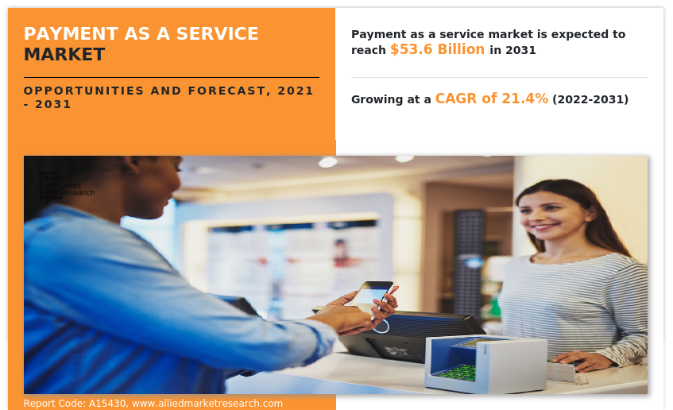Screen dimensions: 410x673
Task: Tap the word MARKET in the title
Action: pos(64,55)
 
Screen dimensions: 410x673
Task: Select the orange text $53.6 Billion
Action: pos(437,50)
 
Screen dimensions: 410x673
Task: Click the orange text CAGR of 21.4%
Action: pos(491,99)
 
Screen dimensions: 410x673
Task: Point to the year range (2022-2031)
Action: pos(590,100)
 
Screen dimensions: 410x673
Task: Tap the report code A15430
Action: pos(105,404)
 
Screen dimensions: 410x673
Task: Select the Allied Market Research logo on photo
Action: pos(68,185)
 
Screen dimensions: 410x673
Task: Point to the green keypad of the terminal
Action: pos(459,372)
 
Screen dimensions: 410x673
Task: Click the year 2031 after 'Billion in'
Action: pos(520,51)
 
